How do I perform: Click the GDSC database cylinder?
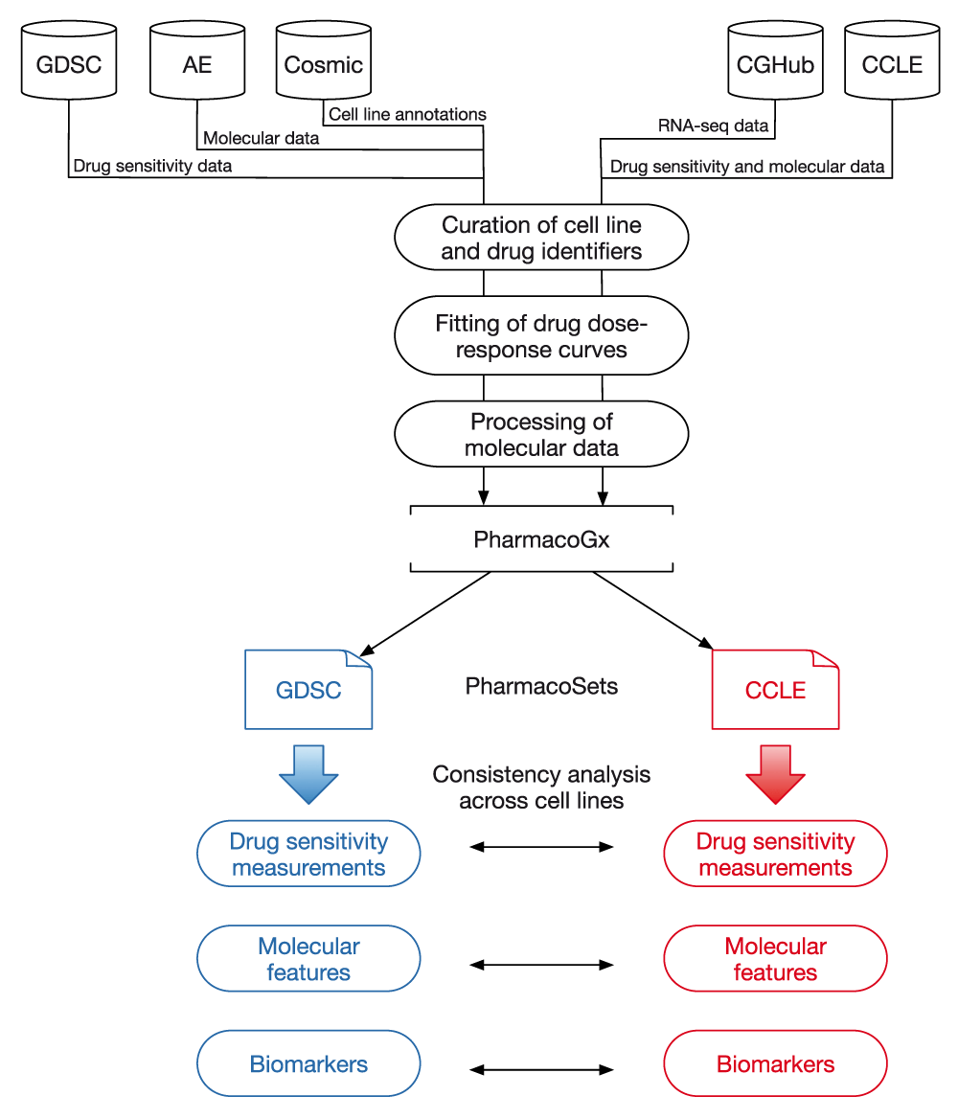[68, 63]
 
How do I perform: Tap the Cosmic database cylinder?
[324, 63]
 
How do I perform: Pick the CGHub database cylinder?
[775, 63]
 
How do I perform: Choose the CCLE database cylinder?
[892, 63]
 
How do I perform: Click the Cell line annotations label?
[407, 115]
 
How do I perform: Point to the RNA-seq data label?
[714, 125]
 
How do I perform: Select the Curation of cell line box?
[541, 239]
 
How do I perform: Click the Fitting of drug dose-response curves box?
[541, 336]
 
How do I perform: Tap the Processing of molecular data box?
[541, 434]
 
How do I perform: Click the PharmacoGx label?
[541, 539]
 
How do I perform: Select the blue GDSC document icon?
[308, 690]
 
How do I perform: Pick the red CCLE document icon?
[775, 690]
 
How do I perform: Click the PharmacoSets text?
[541, 686]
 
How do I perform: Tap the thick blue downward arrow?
[308, 771]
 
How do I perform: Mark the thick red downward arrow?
[775, 771]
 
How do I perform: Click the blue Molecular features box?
[308, 959]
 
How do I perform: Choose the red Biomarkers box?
[775, 1063]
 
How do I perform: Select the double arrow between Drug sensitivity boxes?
[541, 847]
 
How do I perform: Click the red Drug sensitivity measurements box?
[775, 854]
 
